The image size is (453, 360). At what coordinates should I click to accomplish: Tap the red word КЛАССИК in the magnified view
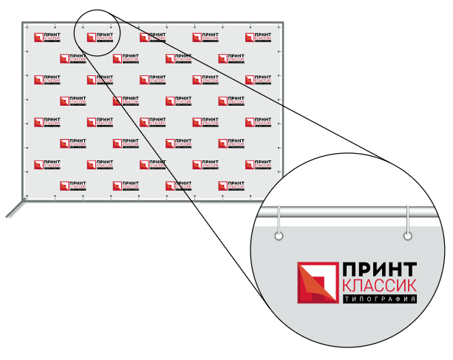pyautogui.click(x=378, y=286)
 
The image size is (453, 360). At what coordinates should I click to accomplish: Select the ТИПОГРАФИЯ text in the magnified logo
pyautogui.click(x=378, y=299)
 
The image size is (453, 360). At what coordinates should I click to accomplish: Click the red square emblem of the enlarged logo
pyautogui.click(x=316, y=283)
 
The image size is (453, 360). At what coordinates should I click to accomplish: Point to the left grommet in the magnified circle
pyautogui.click(x=279, y=237)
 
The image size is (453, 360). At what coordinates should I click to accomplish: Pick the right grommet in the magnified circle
pyautogui.click(x=408, y=237)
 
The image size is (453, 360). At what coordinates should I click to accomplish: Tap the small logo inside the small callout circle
pyautogui.click(x=97, y=38)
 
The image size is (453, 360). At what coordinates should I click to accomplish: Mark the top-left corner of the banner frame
pyautogui.click(x=23, y=22)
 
